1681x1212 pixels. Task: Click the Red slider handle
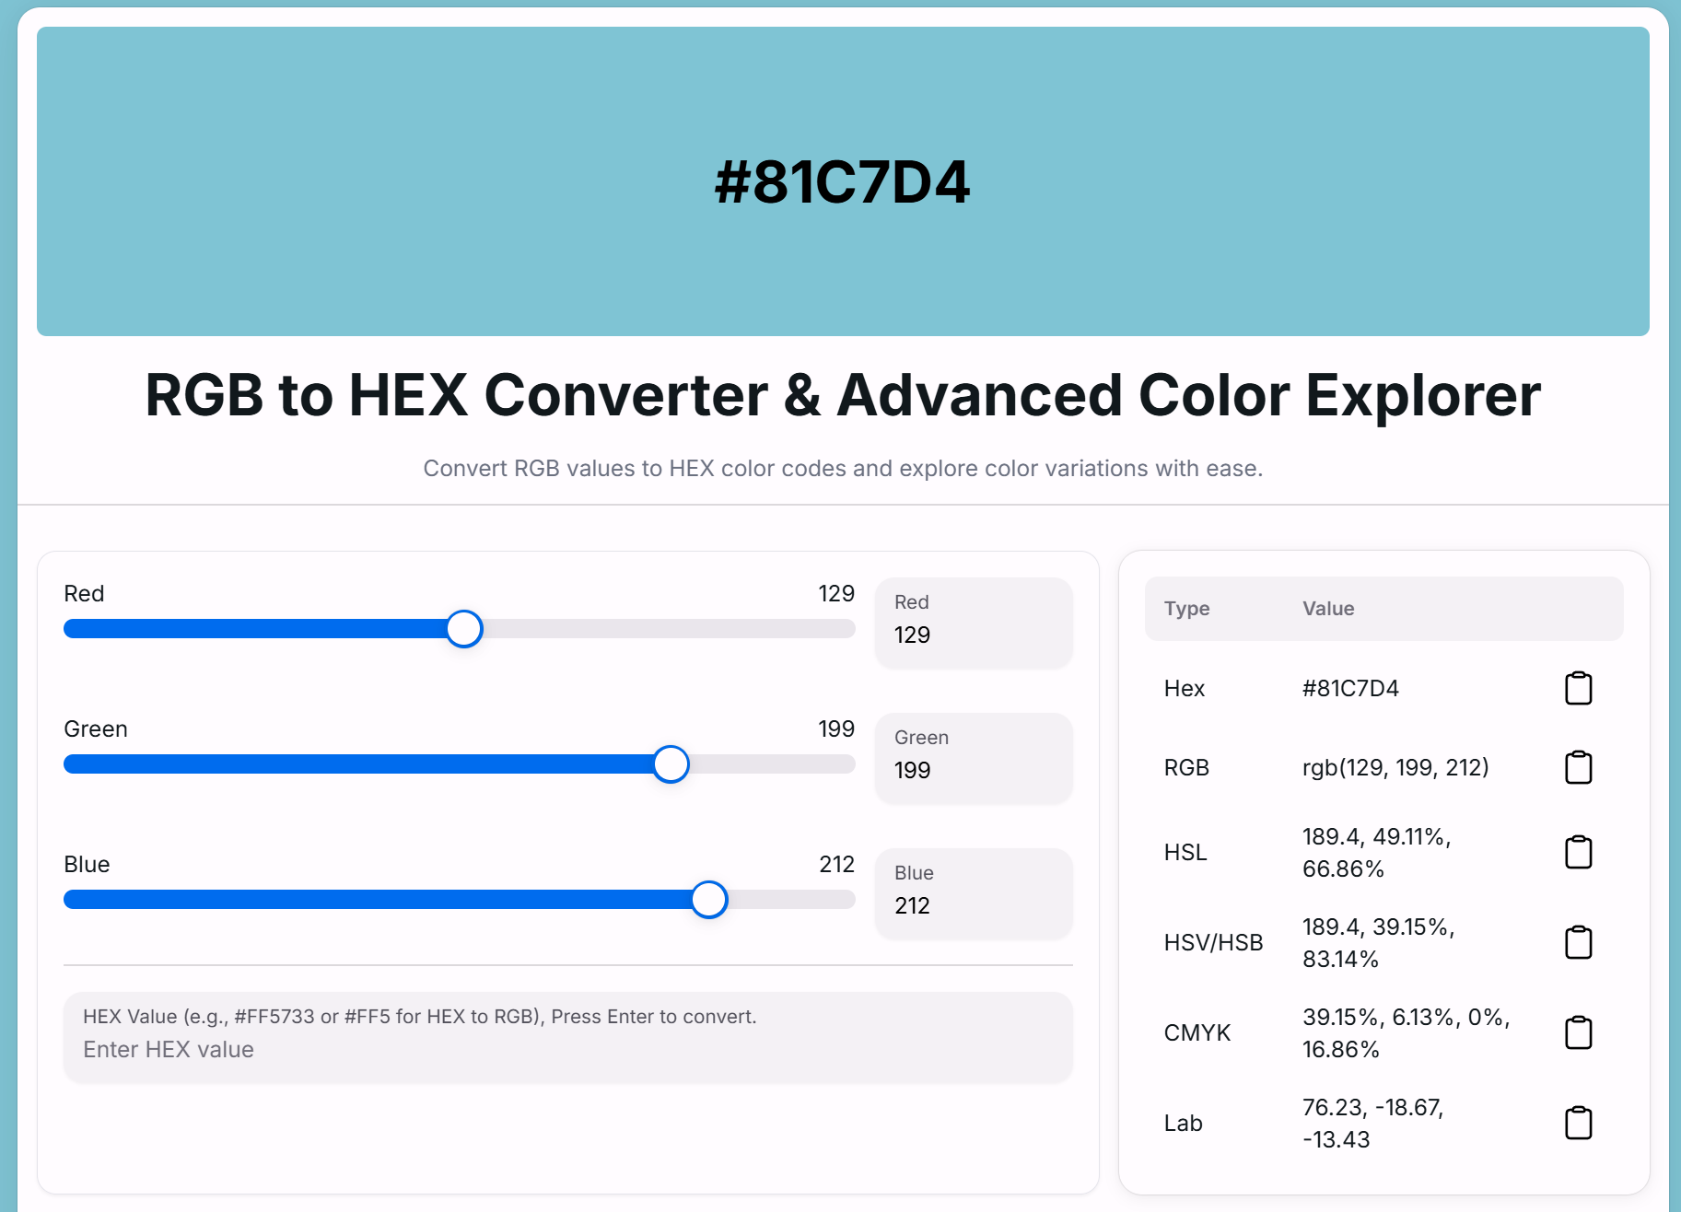click(464, 629)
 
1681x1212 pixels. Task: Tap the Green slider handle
click(671, 764)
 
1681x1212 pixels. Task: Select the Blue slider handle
click(709, 900)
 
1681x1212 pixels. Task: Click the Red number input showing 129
click(974, 623)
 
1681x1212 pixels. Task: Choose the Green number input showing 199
click(974, 759)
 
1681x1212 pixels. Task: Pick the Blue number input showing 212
click(974, 894)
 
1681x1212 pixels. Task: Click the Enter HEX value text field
click(568, 1038)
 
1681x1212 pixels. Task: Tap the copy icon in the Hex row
click(1579, 688)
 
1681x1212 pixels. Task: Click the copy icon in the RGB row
click(1579, 767)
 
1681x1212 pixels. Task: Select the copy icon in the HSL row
click(1579, 852)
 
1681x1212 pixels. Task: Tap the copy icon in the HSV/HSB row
click(1579, 942)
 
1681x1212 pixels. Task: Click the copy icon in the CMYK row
click(1579, 1032)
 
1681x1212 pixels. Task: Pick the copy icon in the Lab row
click(1579, 1123)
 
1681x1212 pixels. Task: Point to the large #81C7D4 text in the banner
click(843, 181)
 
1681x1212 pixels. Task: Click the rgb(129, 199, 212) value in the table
click(1395, 767)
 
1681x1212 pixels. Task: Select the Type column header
click(1186, 609)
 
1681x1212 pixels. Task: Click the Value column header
click(1328, 609)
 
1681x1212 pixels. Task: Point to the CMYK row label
click(1197, 1032)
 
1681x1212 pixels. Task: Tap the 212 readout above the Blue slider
click(837, 864)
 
